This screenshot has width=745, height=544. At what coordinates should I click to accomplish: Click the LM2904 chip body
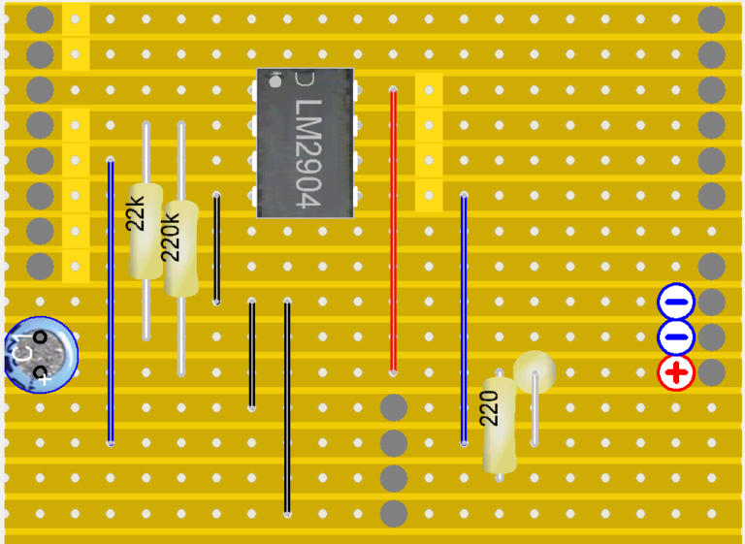305,143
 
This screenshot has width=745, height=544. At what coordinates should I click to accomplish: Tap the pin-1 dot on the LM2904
275,81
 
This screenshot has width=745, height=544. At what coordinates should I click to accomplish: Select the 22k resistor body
146,232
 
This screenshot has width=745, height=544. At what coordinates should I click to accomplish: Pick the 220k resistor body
181,249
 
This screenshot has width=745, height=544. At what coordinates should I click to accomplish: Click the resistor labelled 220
500,426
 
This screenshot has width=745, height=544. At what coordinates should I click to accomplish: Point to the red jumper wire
393,231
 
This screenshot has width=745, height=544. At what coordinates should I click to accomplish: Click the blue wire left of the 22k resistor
111,302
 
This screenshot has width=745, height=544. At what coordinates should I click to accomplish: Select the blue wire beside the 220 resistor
464,319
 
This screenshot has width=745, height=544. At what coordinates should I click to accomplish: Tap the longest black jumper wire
287,407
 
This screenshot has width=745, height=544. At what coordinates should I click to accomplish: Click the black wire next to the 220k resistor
216,248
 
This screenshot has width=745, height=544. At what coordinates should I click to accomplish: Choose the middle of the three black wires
252,355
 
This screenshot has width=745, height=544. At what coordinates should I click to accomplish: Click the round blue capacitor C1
42,355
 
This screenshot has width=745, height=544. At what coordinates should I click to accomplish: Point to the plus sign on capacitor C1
45,379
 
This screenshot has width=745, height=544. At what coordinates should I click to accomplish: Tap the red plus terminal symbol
676,372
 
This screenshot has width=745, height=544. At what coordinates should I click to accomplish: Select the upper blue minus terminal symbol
676,302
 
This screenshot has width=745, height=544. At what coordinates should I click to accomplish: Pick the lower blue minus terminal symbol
676,336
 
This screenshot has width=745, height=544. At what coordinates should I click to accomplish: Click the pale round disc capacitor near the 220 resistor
534,372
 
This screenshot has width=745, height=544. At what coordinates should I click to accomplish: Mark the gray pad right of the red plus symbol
711,372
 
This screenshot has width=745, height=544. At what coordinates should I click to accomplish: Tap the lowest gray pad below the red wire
394,514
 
